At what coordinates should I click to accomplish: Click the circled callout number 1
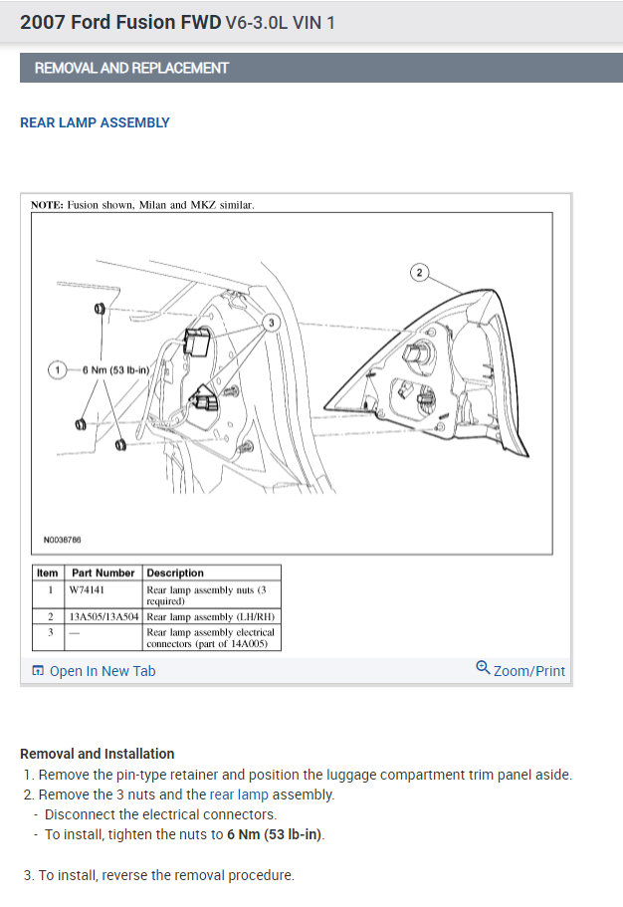(59, 370)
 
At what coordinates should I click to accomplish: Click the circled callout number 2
(420, 273)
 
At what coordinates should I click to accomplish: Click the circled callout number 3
(270, 323)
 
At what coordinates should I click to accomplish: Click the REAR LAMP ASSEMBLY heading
(96, 123)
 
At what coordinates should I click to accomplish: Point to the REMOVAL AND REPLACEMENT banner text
(131, 69)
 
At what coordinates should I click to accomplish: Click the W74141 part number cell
(87, 589)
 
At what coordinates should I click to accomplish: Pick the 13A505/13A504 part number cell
(104, 617)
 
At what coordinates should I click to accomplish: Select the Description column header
(175, 573)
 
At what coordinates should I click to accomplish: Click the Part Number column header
(103, 573)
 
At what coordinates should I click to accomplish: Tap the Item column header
(48, 573)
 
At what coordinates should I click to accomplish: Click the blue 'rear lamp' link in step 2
(239, 794)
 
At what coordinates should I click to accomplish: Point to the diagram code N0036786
(63, 541)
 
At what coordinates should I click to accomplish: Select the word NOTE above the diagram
(47, 204)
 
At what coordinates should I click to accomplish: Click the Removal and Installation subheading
(98, 754)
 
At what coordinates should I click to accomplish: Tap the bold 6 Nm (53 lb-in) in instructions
(275, 834)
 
